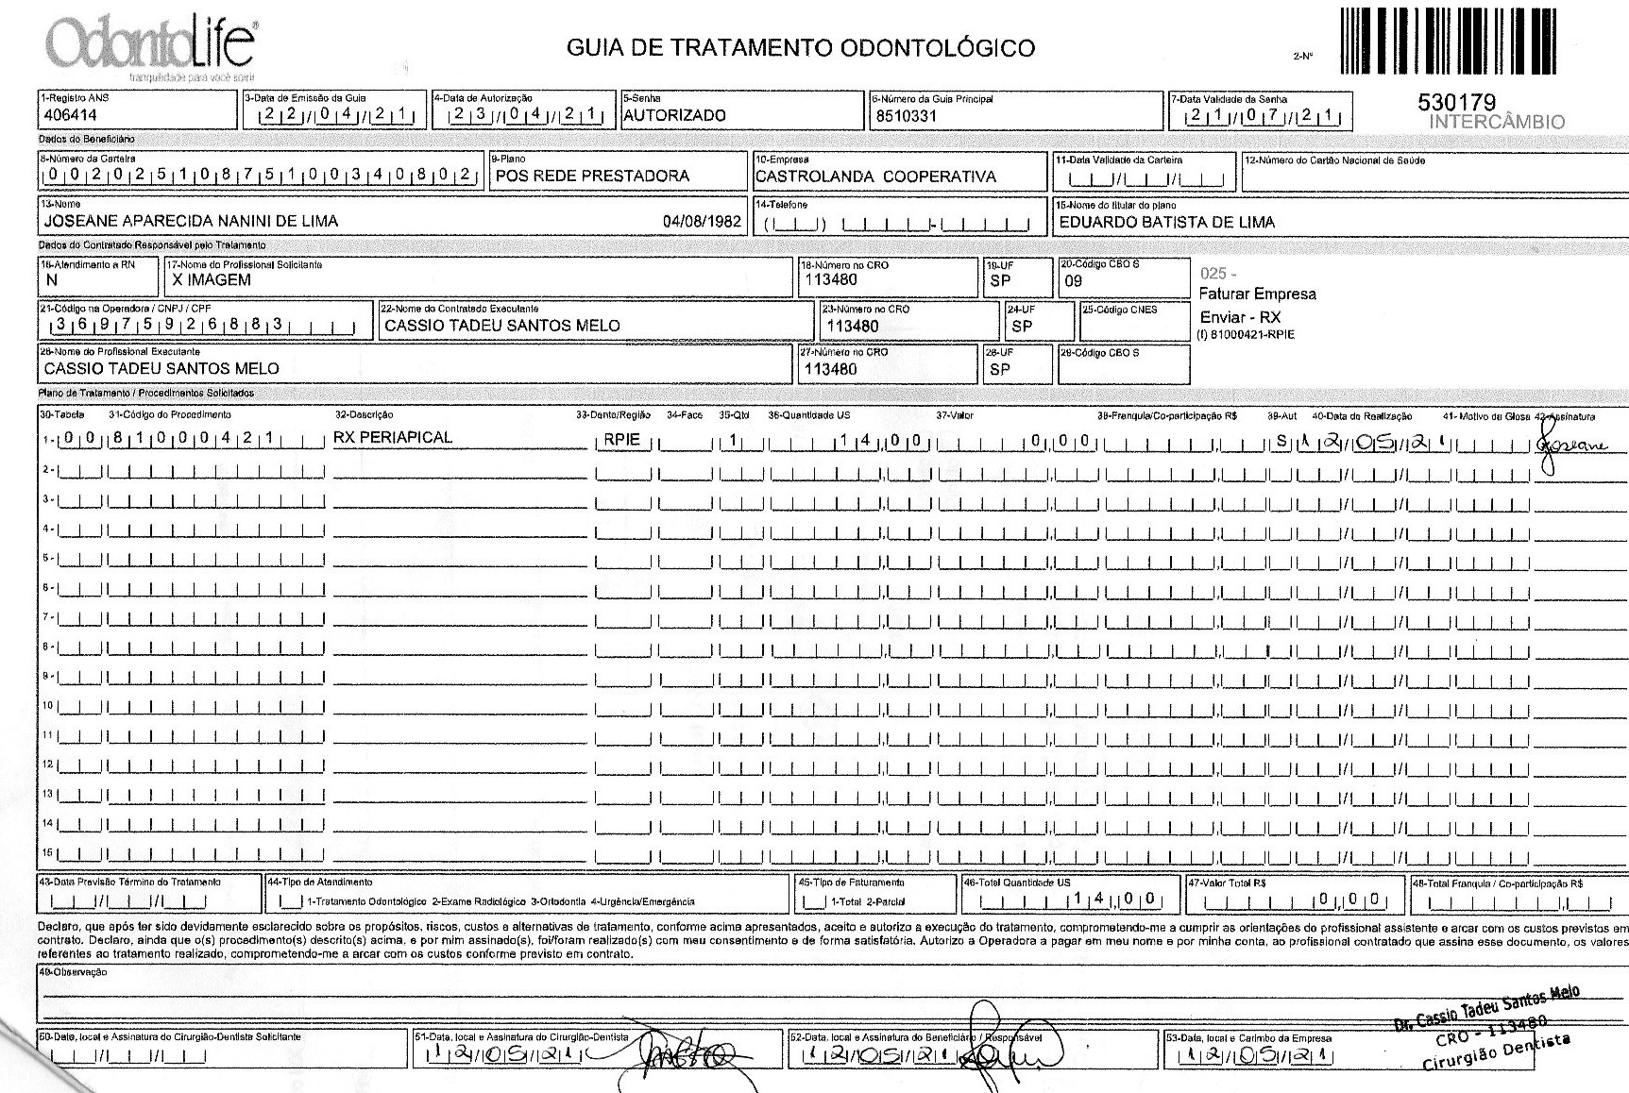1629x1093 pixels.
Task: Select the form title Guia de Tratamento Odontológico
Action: point(800,47)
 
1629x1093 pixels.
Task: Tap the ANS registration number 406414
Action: point(71,116)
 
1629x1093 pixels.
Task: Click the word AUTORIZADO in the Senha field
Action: point(674,115)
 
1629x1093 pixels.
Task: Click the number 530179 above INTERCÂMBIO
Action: point(1457,103)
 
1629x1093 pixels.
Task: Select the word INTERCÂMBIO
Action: point(1497,122)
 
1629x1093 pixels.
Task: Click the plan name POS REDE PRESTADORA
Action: point(592,176)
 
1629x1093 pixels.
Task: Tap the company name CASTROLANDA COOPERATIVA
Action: point(875,177)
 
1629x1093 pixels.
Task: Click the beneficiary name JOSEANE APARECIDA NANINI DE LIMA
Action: point(191,222)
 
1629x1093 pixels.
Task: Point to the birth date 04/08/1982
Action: point(702,222)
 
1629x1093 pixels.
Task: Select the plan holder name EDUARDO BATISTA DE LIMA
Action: point(1166,223)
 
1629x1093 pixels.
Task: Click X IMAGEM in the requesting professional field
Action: point(212,280)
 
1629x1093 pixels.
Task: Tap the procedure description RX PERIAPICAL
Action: point(393,437)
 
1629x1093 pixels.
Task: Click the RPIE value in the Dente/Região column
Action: point(621,439)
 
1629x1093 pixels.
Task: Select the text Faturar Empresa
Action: point(1257,294)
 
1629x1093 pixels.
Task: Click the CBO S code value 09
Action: point(1073,281)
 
